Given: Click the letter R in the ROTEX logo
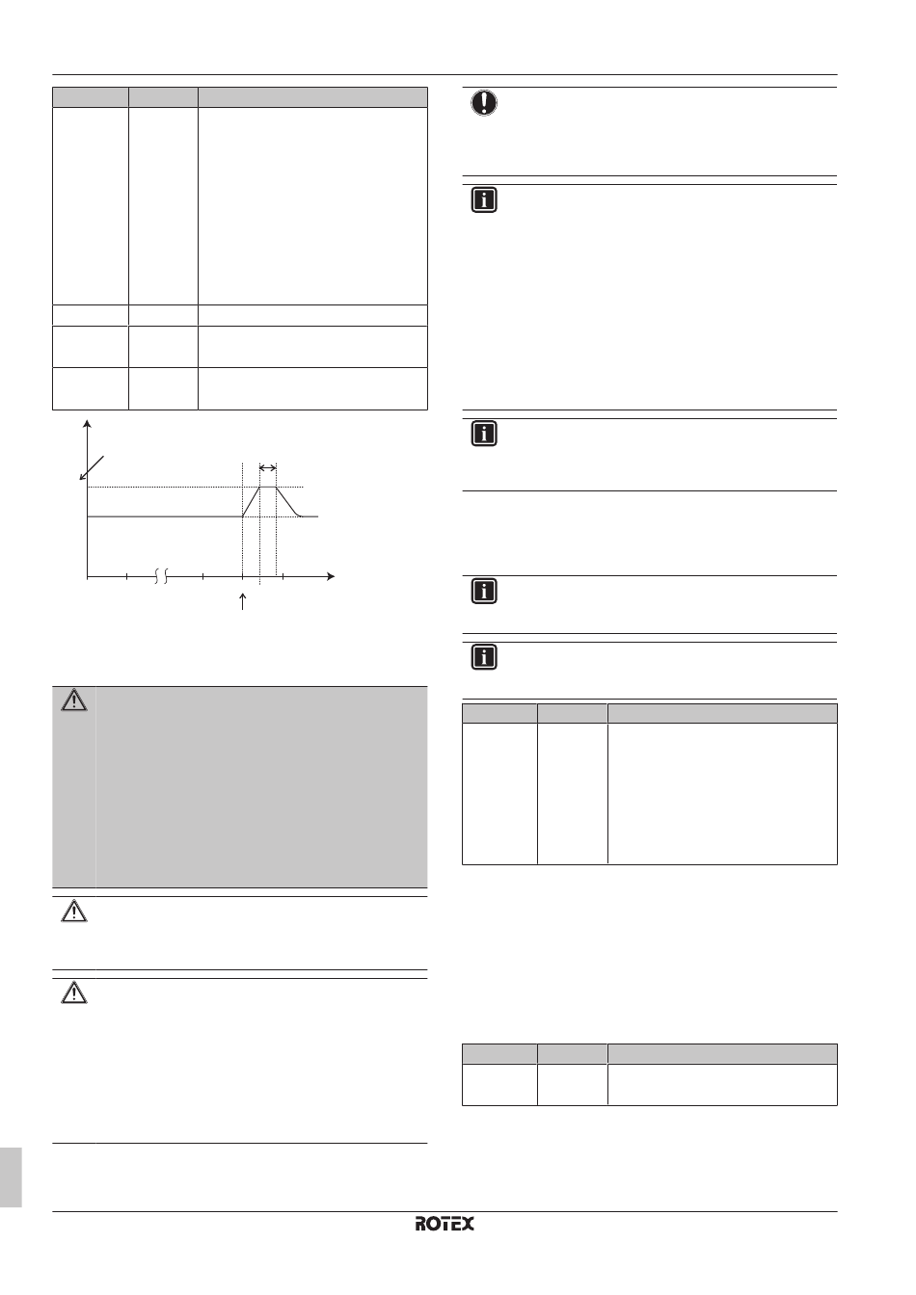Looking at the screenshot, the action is [422, 1225].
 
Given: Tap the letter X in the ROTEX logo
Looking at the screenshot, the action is [468, 1225].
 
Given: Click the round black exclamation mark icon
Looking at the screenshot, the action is [484, 103].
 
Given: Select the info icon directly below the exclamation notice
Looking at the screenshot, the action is [484, 199].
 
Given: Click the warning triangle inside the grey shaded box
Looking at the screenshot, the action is [73, 701].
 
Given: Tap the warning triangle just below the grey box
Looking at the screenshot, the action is [73, 912].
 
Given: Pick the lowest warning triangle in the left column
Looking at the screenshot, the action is [73, 993].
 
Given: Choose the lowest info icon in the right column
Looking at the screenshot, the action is [484, 656].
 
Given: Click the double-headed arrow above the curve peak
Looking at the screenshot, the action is [268, 468].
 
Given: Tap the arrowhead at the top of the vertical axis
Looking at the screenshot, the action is [88, 425].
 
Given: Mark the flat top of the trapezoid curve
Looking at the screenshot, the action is [268, 488].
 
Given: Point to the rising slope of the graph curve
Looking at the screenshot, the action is [251, 502].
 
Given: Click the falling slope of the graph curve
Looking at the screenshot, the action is [286, 502].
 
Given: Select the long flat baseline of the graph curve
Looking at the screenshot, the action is [164, 516].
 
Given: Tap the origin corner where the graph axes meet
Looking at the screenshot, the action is [88, 576].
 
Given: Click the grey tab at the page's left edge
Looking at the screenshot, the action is [10, 1176].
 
